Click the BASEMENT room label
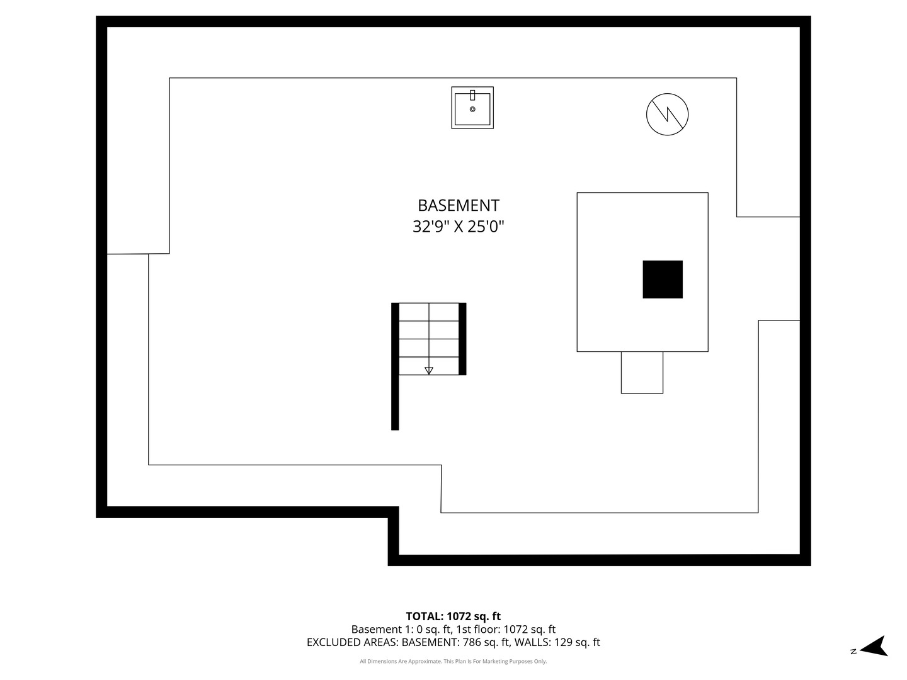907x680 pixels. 459,205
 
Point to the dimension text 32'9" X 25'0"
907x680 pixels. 459,226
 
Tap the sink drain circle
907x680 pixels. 472,109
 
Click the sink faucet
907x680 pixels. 472,95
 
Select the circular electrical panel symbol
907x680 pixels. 667,115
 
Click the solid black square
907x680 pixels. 663,279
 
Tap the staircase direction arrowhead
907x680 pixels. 429,370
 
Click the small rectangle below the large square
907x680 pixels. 642,372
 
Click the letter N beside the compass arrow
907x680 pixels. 853,652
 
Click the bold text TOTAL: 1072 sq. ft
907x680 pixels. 453,616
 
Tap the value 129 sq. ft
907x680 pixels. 577,642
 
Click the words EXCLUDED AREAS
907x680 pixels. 352,642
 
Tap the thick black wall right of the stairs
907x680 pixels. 462,339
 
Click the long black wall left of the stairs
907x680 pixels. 395,366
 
